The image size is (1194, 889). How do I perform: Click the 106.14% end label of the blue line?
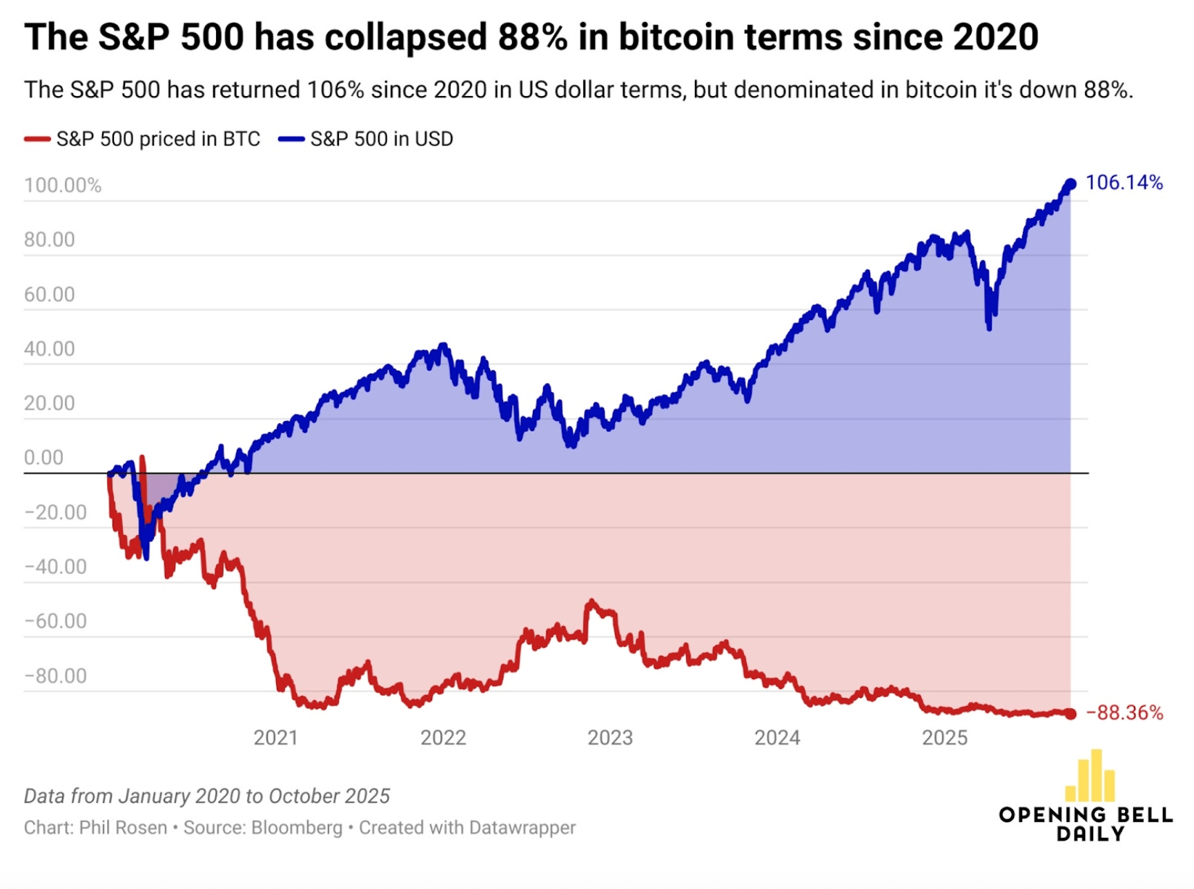(1124, 183)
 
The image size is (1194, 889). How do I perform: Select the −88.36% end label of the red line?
(1124, 713)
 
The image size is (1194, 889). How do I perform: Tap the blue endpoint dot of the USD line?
(1070, 184)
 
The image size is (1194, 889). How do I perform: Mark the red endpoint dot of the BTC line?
(1070, 714)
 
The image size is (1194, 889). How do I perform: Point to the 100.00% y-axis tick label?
(63, 186)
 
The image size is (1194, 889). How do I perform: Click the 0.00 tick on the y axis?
(43, 458)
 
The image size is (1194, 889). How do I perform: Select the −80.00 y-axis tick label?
(55, 676)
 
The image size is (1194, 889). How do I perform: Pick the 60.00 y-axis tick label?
(49, 295)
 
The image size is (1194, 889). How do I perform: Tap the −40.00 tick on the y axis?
(55, 567)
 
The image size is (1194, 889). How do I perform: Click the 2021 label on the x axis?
(275, 738)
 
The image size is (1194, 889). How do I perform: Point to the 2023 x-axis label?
(610, 738)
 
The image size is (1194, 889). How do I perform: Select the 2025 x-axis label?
(945, 738)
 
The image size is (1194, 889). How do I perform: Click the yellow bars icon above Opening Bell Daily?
(1090, 776)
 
